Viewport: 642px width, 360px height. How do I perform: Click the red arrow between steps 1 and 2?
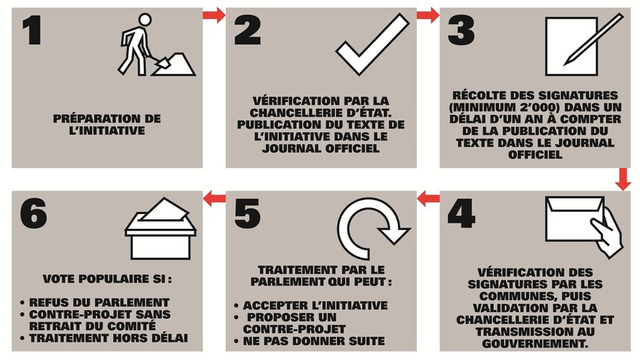[x=214, y=15]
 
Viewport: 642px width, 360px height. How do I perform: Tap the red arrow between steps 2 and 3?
[x=428, y=15]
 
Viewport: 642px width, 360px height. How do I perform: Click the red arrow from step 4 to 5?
[x=428, y=197]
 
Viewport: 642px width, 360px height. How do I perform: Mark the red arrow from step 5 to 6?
[x=214, y=197]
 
